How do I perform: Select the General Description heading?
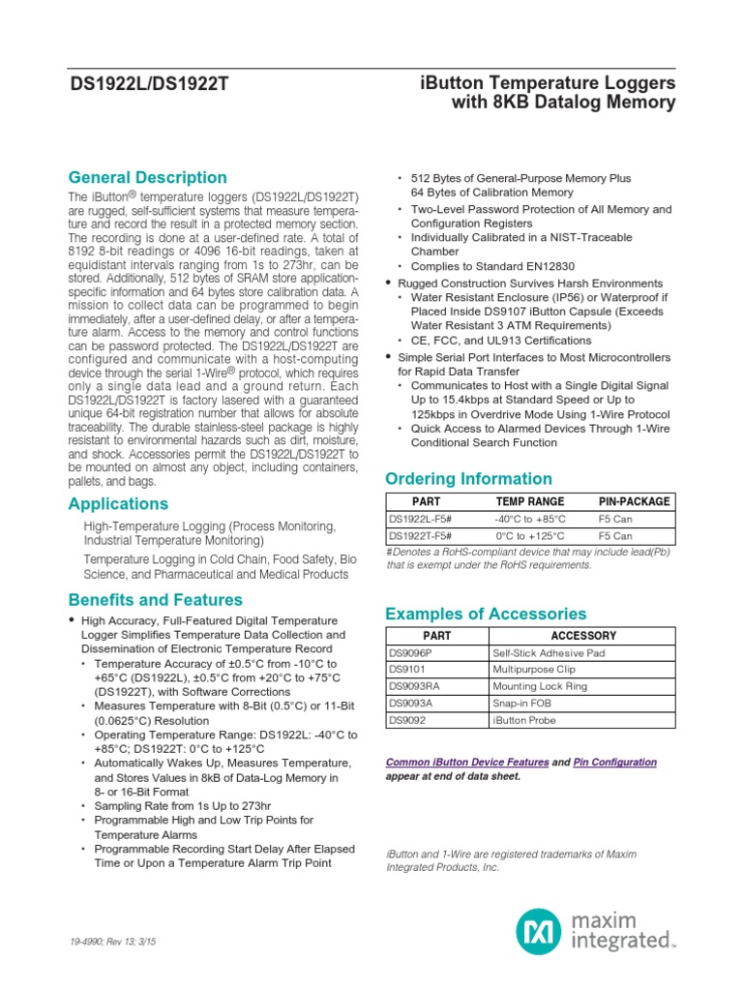pyautogui.click(x=147, y=177)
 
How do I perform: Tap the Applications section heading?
pyautogui.click(x=118, y=503)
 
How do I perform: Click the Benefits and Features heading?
pyautogui.click(x=155, y=600)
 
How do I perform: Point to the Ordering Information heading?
pyautogui.click(x=468, y=478)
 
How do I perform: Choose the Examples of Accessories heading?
pyautogui.click(x=486, y=614)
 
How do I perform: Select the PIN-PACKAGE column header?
pyautogui.click(x=634, y=501)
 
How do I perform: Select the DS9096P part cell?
pyautogui.click(x=411, y=652)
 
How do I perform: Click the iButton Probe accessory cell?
pyautogui.click(x=523, y=720)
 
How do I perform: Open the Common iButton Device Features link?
pyautogui.click(x=467, y=763)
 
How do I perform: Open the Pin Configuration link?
pyautogui.click(x=614, y=763)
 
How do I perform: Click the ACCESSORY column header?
pyautogui.click(x=582, y=636)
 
